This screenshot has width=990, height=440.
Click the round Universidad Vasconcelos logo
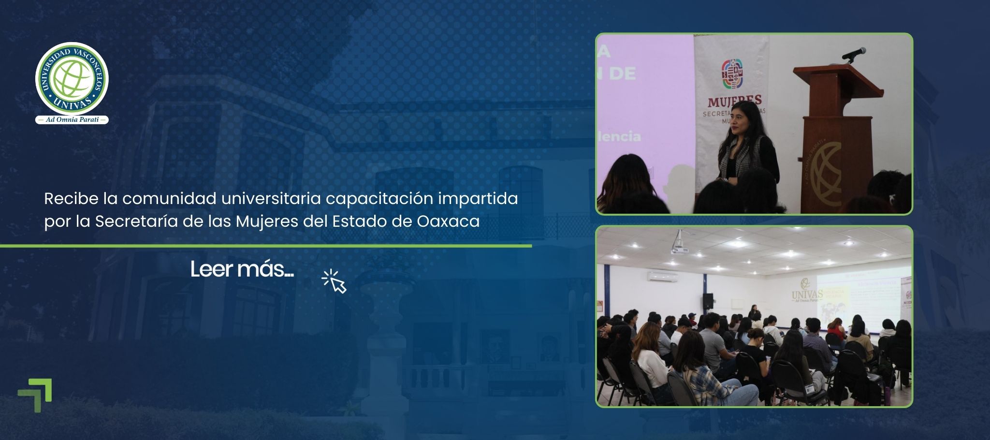click(72, 78)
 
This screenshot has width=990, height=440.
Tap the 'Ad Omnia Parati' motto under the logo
click(72, 120)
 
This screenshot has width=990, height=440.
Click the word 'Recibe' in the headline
click(71, 199)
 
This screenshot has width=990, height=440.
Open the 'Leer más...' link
click(242, 269)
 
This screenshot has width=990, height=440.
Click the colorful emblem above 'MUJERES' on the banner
click(732, 74)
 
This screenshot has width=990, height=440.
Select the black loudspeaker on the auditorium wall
click(707, 301)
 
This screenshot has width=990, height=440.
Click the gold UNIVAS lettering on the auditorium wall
click(807, 293)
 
